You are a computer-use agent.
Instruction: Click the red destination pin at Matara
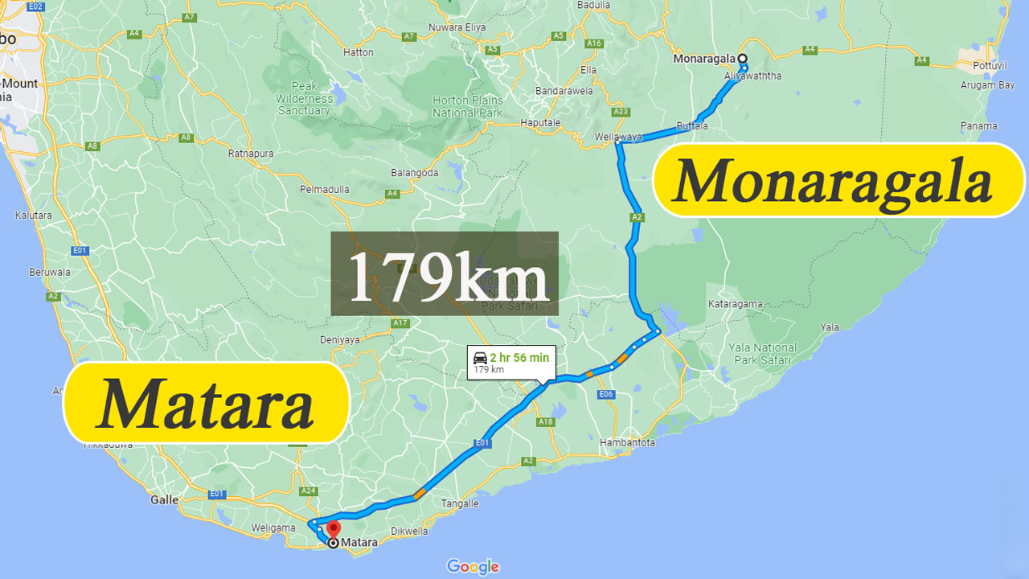pyautogui.click(x=333, y=530)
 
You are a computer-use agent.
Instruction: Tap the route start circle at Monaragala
pyautogui.click(x=743, y=59)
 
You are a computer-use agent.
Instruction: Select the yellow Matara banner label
pyautogui.click(x=206, y=403)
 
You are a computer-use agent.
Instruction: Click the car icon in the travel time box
pyautogui.click(x=480, y=358)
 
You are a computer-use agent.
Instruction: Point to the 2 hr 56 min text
pyautogui.click(x=519, y=358)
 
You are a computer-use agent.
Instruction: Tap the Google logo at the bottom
pyautogui.click(x=473, y=566)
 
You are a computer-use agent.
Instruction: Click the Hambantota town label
pyautogui.click(x=628, y=442)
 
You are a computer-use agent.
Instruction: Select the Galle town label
pyautogui.click(x=164, y=499)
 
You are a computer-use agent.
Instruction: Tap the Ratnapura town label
pyautogui.click(x=251, y=153)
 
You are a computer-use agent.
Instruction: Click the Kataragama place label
pyautogui.click(x=735, y=304)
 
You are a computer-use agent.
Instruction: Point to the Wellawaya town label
pyautogui.click(x=618, y=137)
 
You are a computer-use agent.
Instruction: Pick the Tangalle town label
pyautogui.click(x=460, y=503)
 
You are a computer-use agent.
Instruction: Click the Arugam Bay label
pyautogui.click(x=988, y=85)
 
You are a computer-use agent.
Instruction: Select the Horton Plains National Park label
pyautogui.click(x=467, y=106)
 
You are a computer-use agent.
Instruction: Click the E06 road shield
pyautogui.click(x=606, y=394)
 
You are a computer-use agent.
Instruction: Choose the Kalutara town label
pyautogui.click(x=33, y=216)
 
